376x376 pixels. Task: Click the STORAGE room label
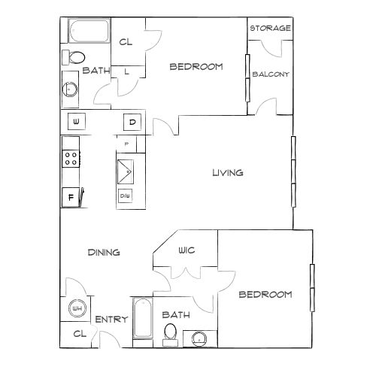pyautogui.click(x=271, y=28)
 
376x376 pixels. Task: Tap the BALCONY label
pyautogui.click(x=271, y=74)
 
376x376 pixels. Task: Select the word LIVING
pyautogui.click(x=228, y=173)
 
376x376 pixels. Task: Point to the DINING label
pyautogui.click(x=104, y=252)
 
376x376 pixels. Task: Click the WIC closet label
pyautogui.click(x=186, y=250)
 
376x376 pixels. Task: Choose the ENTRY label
pyautogui.click(x=111, y=320)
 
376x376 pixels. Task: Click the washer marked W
pyautogui.click(x=77, y=122)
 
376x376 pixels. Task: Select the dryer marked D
pyautogui.click(x=132, y=122)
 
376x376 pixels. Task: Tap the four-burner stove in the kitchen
pyautogui.click(x=71, y=159)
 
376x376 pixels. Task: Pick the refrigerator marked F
pyautogui.click(x=71, y=197)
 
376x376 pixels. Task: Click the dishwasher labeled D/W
pyautogui.click(x=125, y=196)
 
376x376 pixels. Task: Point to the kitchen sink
pyautogui.click(x=126, y=171)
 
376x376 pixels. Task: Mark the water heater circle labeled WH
pyautogui.click(x=77, y=308)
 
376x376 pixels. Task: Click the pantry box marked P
pyautogui.click(x=126, y=144)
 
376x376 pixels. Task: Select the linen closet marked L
pyautogui.click(x=128, y=71)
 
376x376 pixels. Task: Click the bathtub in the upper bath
pyautogui.click(x=89, y=31)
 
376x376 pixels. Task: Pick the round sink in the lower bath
pyautogui.click(x=199, y=339)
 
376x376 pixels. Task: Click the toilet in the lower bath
pyautogui.click(x=170, y=335)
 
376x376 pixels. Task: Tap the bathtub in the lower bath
pyautogui.click(x=143, y=318)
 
